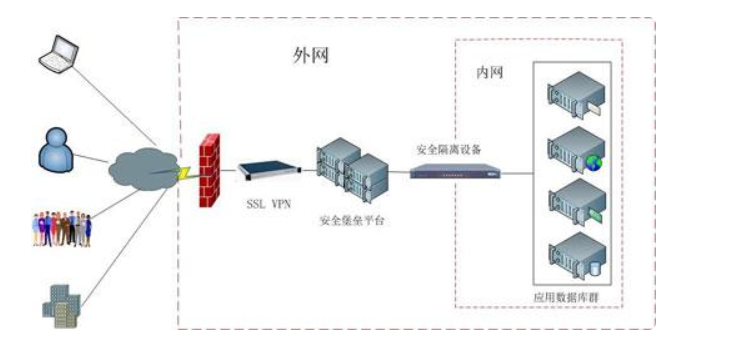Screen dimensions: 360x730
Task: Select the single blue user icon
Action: [57, 151]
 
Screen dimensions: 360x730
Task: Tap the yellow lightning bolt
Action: [183, 171]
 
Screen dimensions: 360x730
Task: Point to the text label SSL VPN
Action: [269, 203]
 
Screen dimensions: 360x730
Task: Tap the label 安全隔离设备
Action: [449, 148]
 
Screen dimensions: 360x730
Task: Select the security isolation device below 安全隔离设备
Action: [454, 171]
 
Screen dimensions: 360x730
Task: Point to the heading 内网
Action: [487, 75]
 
